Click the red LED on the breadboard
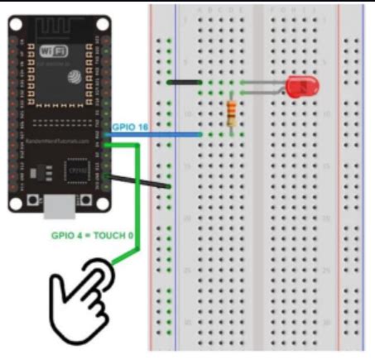click(x=299, y=86)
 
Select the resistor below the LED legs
click(x=232, y=113)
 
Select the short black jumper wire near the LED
click(x=185, y=83)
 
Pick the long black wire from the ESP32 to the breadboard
click(x=141, y=181)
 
